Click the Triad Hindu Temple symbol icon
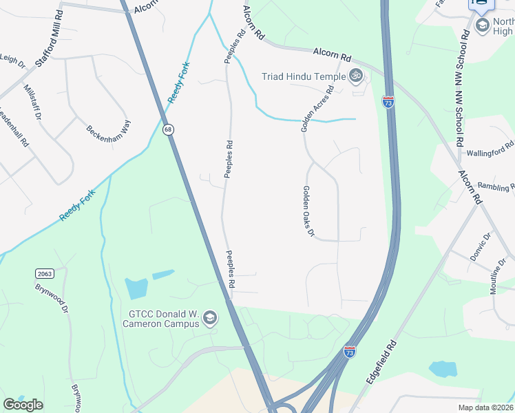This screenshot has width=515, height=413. (356, 76)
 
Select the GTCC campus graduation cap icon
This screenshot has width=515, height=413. (209, 318)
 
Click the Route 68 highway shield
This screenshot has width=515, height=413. (168, 129)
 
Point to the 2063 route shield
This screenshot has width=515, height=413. (45, 274)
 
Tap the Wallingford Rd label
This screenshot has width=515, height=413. (491, 149)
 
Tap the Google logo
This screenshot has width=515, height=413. (23, 405)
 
